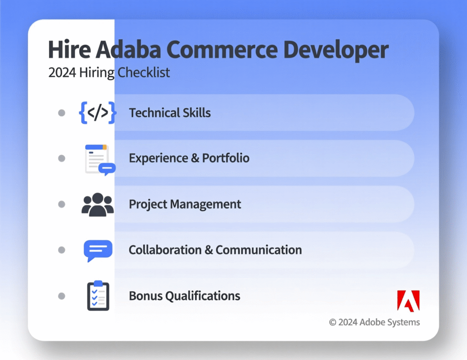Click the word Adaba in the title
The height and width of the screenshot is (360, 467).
pyautogui.click(x=128, y=50)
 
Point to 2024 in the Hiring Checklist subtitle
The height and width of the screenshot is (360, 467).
pyautogui.click(x=62, y=72)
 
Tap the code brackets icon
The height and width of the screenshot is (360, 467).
pyautogui.click(x=98, y=113)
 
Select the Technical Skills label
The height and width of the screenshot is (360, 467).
pyautogui.click(x=170, y=113)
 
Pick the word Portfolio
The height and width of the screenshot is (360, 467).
pyautogui.click(x=226, y=159)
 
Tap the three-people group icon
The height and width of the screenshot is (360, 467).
pyautogui.click(x=98, y=204)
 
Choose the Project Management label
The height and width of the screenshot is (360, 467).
pyautogui.click(x=185, y=204)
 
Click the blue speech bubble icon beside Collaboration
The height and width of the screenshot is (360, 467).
pyautogui.click(x=98, y=250)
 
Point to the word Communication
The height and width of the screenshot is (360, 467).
pyautogui.click(x=259, y=250)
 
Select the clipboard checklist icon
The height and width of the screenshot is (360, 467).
pyautogui.click(x=98, y=296)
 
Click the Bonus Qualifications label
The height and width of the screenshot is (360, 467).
pyautogui.click(x=184, y=296)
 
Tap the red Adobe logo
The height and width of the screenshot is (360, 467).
pyautogui.click(x=408, y=300)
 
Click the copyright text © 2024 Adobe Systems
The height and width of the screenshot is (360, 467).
pyautogui.click(x=374, y=322)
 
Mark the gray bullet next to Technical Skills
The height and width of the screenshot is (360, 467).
pyautogui.click(x=62, y=113)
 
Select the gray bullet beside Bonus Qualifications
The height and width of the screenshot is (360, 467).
pyautogui.click(x=62, y=296)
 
